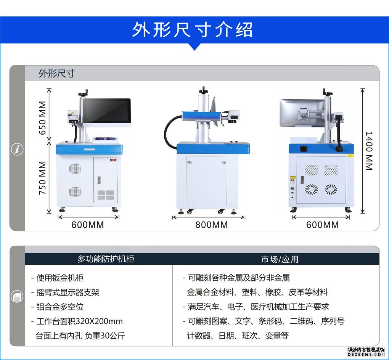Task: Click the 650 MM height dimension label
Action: [x=42, y=118]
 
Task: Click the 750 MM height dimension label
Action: [x=42, y=178]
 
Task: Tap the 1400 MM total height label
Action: [x=369, y=151]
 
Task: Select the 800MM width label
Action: [x=211, y=225]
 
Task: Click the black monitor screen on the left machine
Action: [x=107, y=111]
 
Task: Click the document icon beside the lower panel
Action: [x=17, y=296]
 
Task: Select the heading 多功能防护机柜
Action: [x=106, y=259]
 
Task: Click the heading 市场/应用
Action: [x=280, y=259]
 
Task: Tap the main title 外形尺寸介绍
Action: [x=192, y=30]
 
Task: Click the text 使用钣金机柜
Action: [x=60, y=278]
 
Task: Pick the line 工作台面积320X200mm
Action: [x=79, y=321]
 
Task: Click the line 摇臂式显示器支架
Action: [x=68, y=292]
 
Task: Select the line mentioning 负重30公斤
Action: [x=80, y=336]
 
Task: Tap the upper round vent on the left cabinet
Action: [x=75, y=169]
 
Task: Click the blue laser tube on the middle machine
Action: [x=201, y=116]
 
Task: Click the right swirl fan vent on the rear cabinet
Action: [x=331, y=190]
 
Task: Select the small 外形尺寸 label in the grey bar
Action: [x=56, y=74]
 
